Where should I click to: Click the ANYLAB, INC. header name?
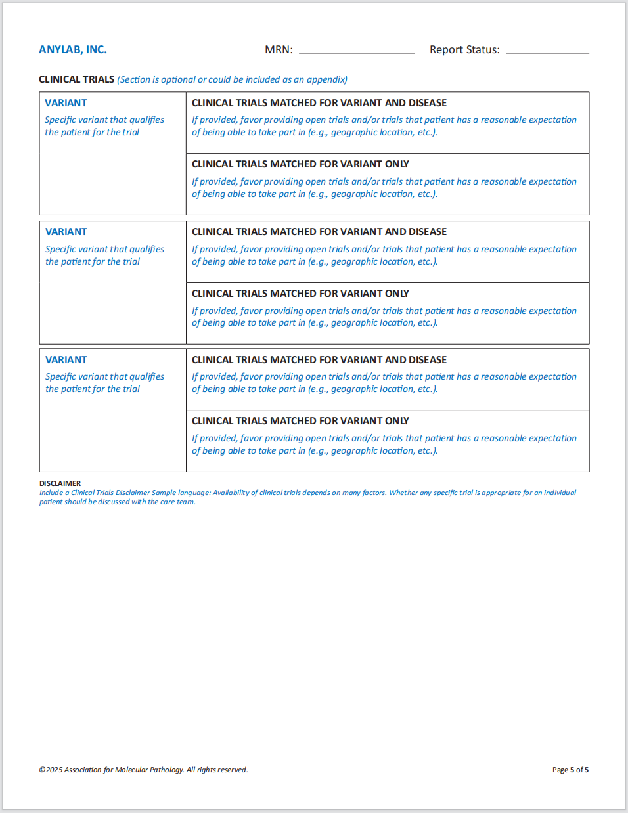(x=72, y=50)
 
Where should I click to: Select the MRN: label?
(x=279, y=50)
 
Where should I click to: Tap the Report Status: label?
(x=464, y=50)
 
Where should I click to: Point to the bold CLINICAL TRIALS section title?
(x=76, y=79)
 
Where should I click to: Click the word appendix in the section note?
(x=326, y=80)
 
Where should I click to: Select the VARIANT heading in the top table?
(x=66, y=103)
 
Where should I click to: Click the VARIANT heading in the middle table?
(x=66, y=232)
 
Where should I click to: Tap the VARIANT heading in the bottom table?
(x=66, y=360)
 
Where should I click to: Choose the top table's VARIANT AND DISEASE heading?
(x=319, y=103)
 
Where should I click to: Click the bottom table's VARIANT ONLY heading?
(x=300, y=421)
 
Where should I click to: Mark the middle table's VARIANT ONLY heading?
(x=300, y=294)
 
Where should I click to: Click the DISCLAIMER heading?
(x=60, y=483)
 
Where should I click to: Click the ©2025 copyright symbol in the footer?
(x=42, y=770)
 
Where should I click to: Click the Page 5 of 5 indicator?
(x=570, y=770)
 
